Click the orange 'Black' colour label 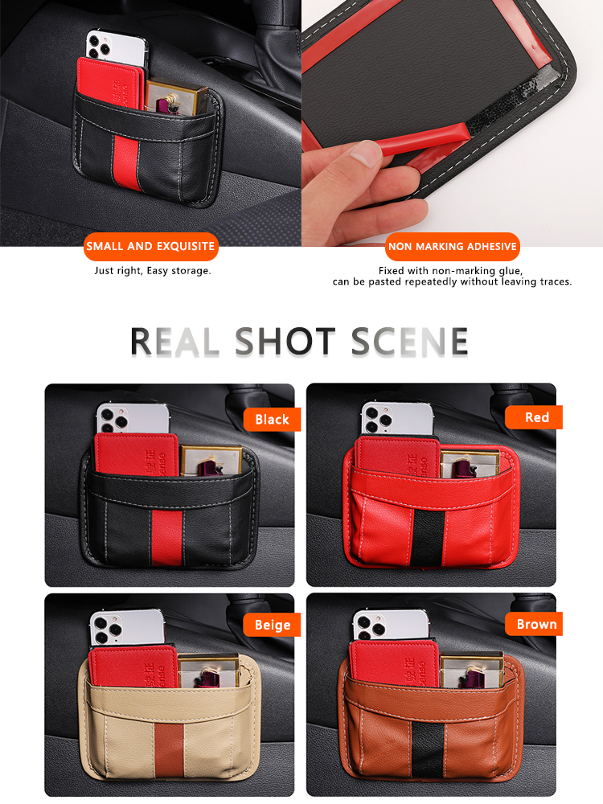pos(272,420)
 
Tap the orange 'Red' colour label pos(534,417)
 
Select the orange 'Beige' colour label pos(272,625)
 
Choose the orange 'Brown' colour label pos(534,624)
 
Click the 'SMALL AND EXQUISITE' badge pos(151,247)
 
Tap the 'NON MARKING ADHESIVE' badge pos(452,247)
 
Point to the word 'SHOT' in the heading pos(285,342)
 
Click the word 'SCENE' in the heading pos(410,342)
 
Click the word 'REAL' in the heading pos(174,342)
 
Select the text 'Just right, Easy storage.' pos(153,271)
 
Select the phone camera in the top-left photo pos(100,45)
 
